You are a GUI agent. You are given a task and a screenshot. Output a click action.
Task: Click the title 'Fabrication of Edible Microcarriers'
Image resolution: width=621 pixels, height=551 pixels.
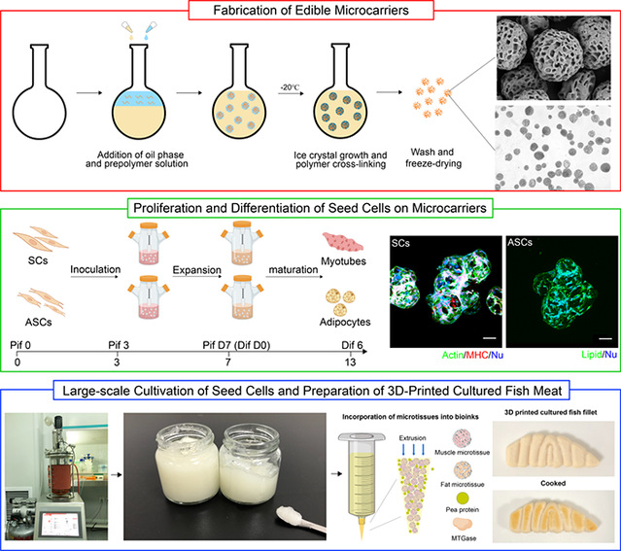tap(311, 14)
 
